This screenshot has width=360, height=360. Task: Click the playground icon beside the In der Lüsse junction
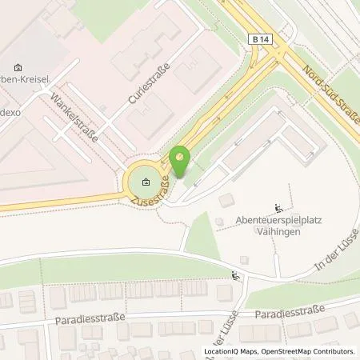click(234, 277)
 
